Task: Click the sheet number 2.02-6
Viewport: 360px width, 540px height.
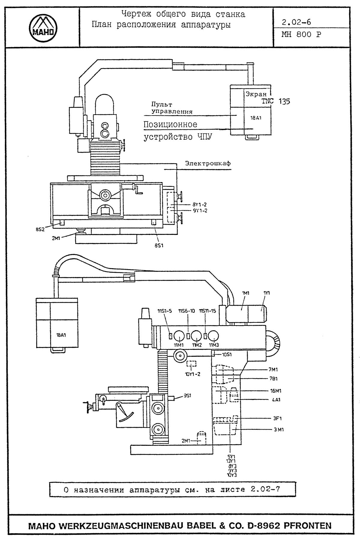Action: coord(296,22)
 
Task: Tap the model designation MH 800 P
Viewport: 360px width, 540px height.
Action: coord(301,34)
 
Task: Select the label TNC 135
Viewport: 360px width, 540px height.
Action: coord(276,101)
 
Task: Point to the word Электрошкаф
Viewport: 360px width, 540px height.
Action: coord(208,163)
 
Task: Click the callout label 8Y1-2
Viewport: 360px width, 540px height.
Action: coord(199,205)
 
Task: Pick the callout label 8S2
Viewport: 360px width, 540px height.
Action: coord(40,229)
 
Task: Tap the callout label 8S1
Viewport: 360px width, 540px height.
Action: coord(159,245)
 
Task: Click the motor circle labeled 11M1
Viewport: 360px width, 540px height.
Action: coord(179,335)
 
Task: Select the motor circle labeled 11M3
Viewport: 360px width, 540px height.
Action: coord(214,335)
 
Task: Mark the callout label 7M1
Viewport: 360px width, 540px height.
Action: coord(273,370)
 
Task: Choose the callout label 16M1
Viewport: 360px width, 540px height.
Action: coord(275,391)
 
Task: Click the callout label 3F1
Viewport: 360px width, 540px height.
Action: coord(277,418)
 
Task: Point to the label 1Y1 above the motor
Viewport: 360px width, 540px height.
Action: coord(266,293)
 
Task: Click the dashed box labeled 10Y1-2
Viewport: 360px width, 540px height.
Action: coord(191,364)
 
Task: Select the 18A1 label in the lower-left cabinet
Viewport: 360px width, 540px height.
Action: coord(61,335)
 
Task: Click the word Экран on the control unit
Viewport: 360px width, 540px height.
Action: coord(256,94)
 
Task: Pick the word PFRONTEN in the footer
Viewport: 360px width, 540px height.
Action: coord(307,526)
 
